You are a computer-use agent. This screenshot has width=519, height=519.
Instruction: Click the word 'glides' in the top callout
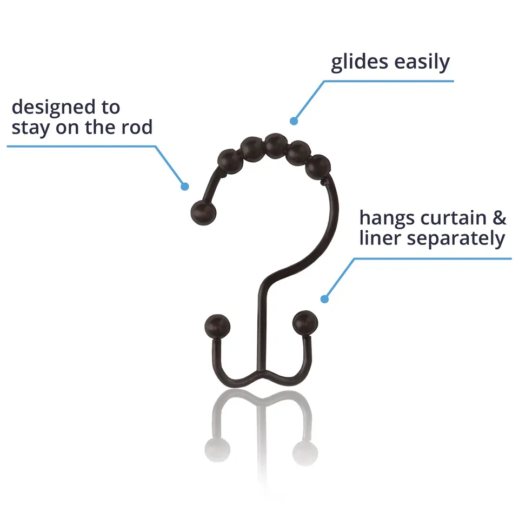359,62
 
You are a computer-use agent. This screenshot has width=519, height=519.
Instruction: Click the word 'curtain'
453,218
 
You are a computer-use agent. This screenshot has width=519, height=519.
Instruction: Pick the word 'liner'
380,238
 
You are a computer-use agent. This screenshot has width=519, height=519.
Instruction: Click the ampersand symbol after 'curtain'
500,218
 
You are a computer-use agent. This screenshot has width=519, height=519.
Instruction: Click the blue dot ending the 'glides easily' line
294,121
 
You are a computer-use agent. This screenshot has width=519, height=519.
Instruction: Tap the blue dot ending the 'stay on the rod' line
185,187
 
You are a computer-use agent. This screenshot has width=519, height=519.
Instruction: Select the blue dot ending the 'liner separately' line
325,299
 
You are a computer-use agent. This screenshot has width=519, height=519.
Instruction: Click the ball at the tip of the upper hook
204,212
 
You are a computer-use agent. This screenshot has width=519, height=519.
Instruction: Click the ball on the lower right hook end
305,323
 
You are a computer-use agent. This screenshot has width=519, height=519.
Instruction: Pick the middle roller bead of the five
276,146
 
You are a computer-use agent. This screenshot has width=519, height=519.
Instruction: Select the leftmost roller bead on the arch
230,162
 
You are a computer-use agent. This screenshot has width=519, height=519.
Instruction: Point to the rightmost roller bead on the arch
318,167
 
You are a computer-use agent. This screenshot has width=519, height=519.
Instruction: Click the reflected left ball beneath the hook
217,450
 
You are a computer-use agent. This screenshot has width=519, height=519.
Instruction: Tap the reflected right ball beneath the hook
305,453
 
